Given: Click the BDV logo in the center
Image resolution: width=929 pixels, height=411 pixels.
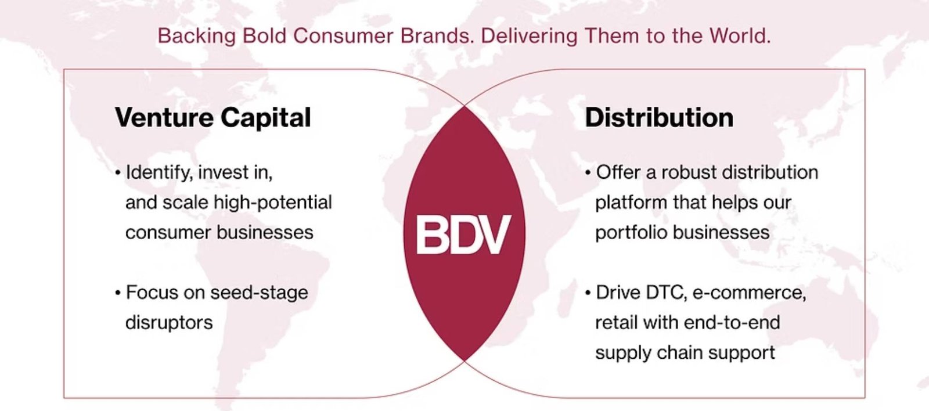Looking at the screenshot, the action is (463, 235).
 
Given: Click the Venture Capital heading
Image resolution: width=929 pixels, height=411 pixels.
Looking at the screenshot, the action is (213, 118).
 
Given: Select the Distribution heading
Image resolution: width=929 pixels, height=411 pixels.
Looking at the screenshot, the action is (659, 117).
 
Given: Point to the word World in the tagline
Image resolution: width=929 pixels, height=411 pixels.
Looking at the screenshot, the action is (740, 36).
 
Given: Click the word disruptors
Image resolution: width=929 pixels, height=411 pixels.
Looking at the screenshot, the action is (169, 323).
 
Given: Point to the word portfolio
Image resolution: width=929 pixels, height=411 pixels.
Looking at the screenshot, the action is (632, 233).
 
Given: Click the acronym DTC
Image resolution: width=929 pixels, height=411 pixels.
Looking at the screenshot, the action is (666, 292).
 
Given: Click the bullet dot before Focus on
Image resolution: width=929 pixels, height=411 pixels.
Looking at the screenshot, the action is (118, 293).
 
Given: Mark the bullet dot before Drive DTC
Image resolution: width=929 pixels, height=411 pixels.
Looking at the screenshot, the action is (588, 293).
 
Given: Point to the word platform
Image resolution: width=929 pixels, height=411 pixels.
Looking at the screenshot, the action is (631, 203).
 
